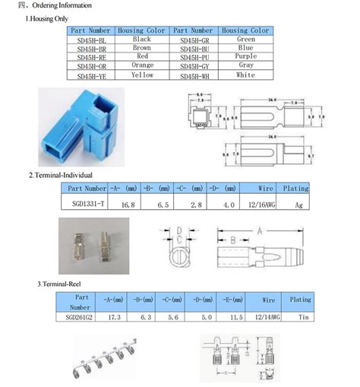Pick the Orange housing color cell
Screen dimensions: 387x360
coord(142,66)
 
